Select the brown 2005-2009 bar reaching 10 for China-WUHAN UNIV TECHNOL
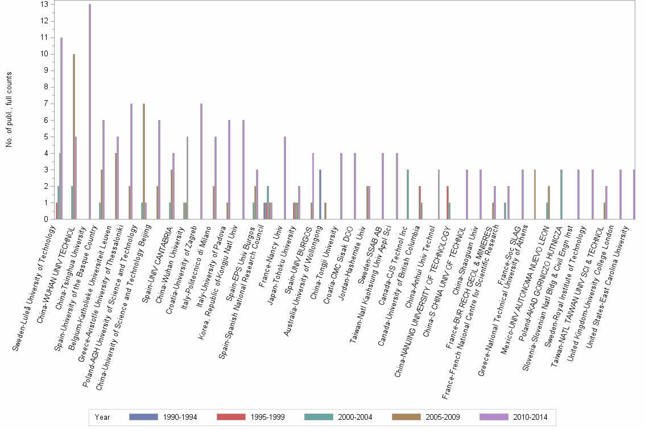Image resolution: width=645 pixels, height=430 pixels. tap(74, 137)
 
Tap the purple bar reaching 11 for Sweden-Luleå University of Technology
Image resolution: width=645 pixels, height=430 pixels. tap(61, 128)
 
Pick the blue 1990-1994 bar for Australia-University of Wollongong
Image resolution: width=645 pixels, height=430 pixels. tap(320, 194)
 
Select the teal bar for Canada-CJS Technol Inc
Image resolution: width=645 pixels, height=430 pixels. tap(408, 194)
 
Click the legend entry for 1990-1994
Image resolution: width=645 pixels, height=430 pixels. tap(164, 417)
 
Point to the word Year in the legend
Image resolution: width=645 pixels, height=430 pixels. tap(103, 417)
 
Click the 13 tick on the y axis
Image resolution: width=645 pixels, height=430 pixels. tap(44, 5)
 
